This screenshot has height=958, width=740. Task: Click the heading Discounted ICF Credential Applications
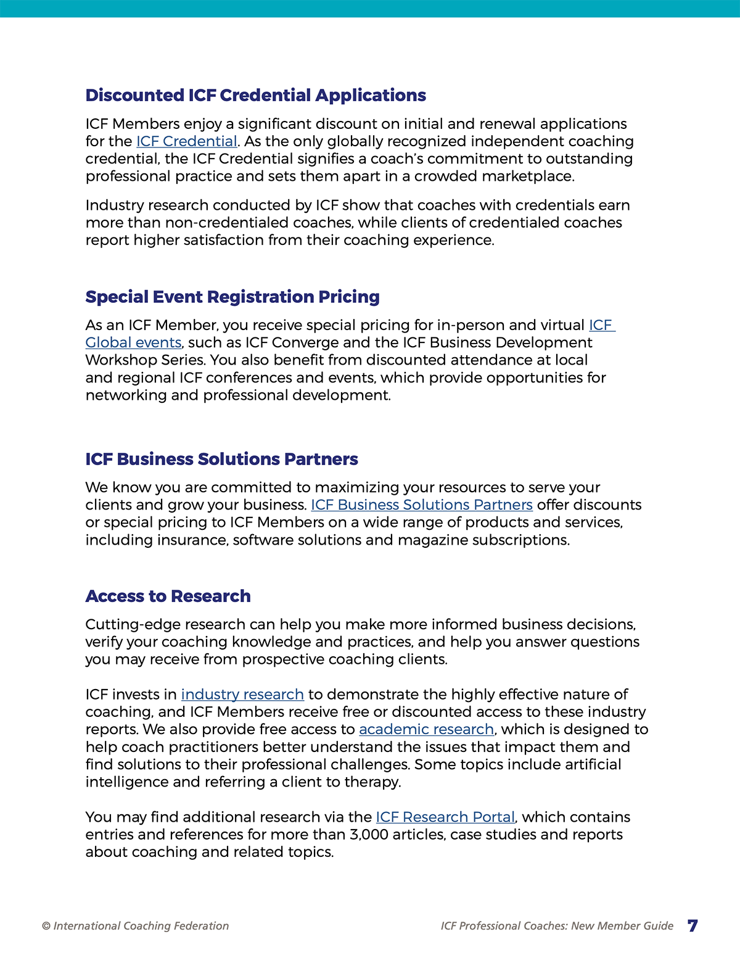click(255, 96)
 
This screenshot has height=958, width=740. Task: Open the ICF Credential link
click(186, 141)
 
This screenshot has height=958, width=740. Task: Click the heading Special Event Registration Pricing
click(232, 297)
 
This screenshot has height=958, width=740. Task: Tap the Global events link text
click(133, 342)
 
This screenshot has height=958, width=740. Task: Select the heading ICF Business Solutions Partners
click(221, 459)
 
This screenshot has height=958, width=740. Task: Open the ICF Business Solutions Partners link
click(421, 505)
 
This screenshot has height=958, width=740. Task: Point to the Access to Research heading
click(168, 596)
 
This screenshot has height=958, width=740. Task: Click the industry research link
click(242, 694)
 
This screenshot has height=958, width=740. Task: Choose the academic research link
click(426, 729)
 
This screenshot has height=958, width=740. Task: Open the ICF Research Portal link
click(445, 817)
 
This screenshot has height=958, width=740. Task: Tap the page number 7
click(693, 925)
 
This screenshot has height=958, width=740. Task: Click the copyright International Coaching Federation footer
click(135, 926)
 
